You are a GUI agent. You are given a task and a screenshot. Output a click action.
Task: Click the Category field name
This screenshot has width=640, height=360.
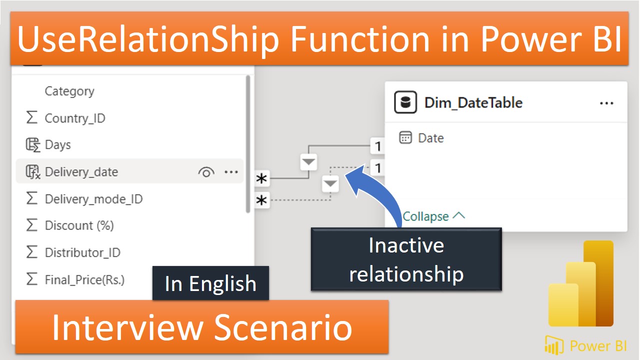[x=69, y=91]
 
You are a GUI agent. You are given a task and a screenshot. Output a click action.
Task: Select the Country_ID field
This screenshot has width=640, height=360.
[x=75, y=118]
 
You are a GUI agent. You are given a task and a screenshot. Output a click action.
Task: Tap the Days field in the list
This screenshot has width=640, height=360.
[x=58, y=145]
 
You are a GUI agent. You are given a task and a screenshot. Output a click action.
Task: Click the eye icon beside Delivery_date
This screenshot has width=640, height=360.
[x=206, y=172]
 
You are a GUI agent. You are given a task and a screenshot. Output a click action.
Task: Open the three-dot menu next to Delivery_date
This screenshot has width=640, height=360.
[x=231, y=172]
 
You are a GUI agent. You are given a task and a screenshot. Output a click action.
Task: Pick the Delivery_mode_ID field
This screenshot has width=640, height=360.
[x=93, y=199]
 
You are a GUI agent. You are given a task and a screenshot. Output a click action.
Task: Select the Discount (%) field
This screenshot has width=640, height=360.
[x=79, y=225]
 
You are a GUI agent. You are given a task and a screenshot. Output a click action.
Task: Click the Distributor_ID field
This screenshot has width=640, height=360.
[x=82, y=252]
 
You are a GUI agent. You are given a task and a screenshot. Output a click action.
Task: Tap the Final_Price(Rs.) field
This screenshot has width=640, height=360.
[x=84, y=279]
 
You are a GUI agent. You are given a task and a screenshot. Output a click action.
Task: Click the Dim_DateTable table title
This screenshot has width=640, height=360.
[x=473, y=103]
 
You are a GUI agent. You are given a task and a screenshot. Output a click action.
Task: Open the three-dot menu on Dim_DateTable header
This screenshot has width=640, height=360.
[x=606, y=103]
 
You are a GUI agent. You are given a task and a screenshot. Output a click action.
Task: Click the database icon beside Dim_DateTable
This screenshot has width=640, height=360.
[x=405, y=103]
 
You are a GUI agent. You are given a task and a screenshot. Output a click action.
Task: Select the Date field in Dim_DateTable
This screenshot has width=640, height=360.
[x=430, y=138]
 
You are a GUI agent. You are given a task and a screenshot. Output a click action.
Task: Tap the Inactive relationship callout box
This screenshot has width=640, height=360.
[x=406, y=259]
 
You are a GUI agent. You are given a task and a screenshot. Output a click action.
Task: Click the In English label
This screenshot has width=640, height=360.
[x=210, y=283]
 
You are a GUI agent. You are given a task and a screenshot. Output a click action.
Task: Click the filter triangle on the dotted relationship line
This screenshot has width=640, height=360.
[x=330, y=183]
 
